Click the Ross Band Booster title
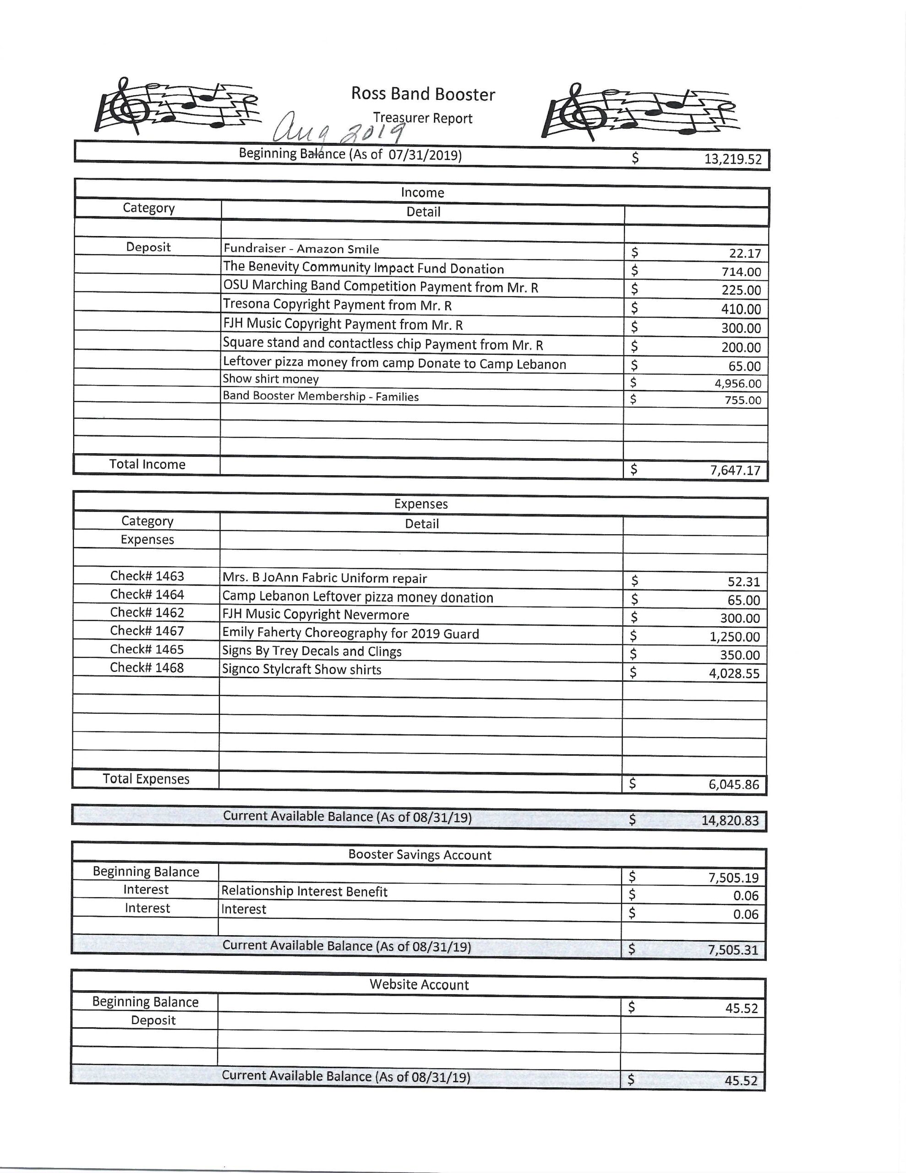pyautogui.click(x=423, y=94)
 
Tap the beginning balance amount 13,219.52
pyautogui.click(x=732, y=159)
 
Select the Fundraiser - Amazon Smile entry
pyautogui.click(x=301, y=249)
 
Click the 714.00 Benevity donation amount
pyautogui.click(x=741, y=272)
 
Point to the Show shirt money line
pyautogui.click(x=271, y=379)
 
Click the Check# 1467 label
pyautogui.click(x=147, y=630)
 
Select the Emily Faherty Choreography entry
pyautogui.click(x=350, y=633)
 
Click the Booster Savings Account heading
pyautogui.click(x=420, y=855)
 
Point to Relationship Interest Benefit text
pyautogui.click(x=304, y=892)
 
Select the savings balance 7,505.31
pyautogui.click(x=732, y=949)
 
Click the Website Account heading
pyautogui.click(x=419, y=985)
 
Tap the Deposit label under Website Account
pyautogui.click(x=153, y=1020)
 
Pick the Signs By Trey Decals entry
pyautogui.click(x=311, y=652)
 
